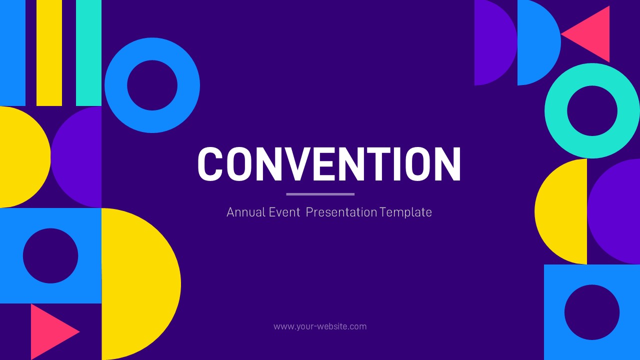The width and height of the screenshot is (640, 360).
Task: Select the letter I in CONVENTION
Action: [396, 164]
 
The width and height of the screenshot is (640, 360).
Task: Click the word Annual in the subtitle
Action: [245, 212]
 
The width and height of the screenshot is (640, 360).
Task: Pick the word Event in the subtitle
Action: [284, 212]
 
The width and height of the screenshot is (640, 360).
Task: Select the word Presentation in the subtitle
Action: [341, 212]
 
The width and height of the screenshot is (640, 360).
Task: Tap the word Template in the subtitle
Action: [405, 212]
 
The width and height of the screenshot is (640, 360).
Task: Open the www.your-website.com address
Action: [320, 326]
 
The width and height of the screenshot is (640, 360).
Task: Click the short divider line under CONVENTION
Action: [320, 194]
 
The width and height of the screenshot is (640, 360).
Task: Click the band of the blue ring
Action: [116, 85]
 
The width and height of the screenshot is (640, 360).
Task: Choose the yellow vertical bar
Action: [49, 52]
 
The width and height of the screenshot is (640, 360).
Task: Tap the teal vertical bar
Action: [88, 52]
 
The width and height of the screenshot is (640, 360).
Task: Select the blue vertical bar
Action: [12, 52]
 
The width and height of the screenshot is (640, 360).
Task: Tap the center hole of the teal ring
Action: [592, 111]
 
